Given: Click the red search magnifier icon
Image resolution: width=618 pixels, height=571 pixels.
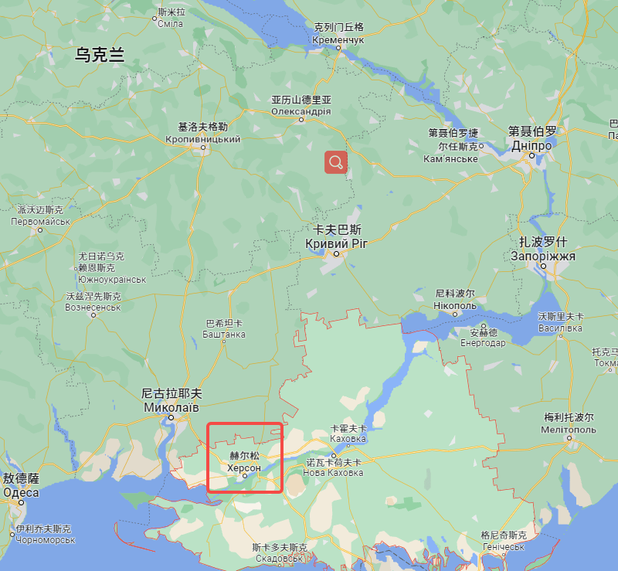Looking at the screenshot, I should pos(336,161).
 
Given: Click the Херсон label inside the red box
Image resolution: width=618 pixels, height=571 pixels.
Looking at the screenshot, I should pos(244,467).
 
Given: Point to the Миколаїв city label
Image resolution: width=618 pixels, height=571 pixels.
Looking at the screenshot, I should pos(171,406).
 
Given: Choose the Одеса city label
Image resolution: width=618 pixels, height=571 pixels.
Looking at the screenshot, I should pos(21,491).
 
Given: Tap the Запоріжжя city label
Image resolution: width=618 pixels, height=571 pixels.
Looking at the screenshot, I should pos(543,256).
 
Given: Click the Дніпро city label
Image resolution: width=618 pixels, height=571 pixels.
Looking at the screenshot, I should pos(531,145).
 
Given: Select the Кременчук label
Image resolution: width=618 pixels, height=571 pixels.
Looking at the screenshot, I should pos(338,39).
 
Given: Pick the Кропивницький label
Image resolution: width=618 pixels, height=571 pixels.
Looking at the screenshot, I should pos(203,139).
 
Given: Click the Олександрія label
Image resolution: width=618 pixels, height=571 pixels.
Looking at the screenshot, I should pos(301,111).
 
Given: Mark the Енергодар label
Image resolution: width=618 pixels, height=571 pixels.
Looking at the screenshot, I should pos(484,343).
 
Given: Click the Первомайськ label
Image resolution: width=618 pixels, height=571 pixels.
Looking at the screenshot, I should pos(41,220).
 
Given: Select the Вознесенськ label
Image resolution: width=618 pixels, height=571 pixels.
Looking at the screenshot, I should pos(93,307).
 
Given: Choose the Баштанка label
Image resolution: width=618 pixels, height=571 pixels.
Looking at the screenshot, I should pos(224,334).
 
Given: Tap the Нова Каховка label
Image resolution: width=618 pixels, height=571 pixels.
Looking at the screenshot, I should pos(334,472).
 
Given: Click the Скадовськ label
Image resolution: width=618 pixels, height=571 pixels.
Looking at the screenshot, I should pos(279,558).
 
